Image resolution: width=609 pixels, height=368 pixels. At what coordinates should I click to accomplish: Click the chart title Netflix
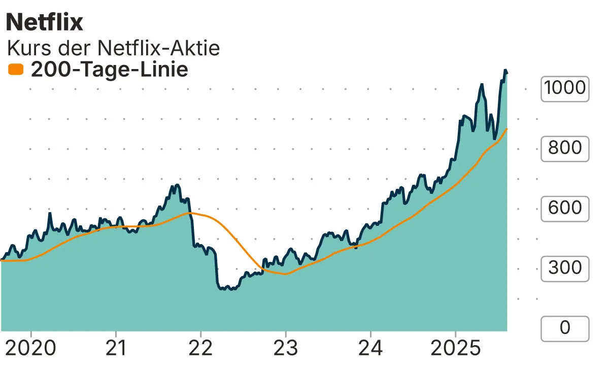44,22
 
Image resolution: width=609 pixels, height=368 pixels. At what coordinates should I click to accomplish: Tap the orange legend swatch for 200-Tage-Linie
16,69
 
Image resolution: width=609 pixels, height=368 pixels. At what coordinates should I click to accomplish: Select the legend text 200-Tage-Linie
110,69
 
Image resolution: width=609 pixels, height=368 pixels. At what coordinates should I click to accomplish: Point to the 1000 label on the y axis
564,88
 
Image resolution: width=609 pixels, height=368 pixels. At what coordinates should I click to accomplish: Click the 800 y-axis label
564,148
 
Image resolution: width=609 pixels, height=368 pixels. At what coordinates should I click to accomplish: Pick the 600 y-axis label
564,208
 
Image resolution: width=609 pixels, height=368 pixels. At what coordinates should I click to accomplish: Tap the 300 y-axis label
564,268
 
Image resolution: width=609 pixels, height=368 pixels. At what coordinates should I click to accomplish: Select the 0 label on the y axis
564,328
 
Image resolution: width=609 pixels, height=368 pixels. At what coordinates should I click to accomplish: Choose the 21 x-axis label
116,349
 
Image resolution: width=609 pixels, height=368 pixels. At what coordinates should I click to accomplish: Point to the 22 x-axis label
200,349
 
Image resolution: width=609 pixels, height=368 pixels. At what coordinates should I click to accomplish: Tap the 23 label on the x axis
286,349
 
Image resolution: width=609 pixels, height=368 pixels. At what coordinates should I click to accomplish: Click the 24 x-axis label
371,349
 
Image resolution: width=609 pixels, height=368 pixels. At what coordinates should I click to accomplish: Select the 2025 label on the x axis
455,349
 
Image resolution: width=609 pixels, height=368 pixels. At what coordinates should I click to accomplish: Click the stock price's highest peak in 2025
505,70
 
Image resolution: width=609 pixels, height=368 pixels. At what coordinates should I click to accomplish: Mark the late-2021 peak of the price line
177,185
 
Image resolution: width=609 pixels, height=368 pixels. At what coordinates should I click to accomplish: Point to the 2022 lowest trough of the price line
231,289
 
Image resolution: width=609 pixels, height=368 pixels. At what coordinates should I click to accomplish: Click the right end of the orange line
507,129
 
